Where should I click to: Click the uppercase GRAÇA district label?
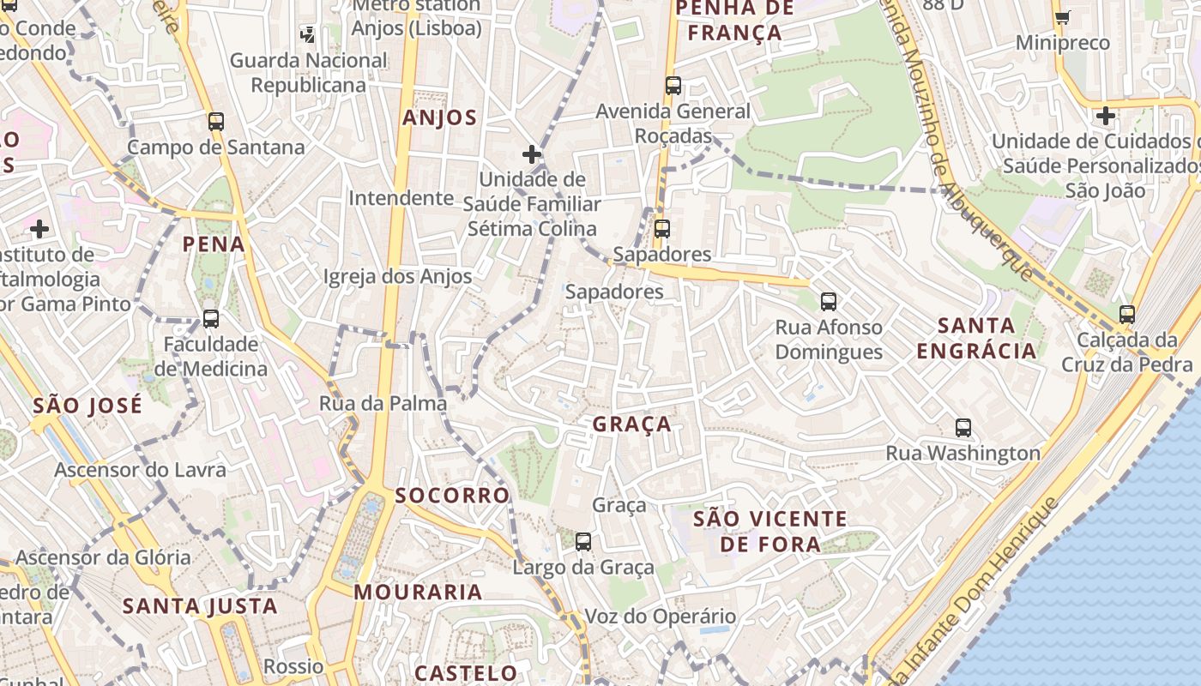click(x=631, y=424)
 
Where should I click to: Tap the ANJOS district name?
click(x=439, y=118)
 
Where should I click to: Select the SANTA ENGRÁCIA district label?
click(x=976, y=338)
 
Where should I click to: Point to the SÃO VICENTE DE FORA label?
click(x=769, y=531)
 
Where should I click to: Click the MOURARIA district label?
click(x=418, y=592)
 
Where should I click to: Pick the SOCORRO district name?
click(x=452, y=495)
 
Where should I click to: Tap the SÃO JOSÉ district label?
click(x=88, y=406)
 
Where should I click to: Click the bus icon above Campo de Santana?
click(x=215, y=122)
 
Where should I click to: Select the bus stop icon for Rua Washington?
click(x=963, y=427)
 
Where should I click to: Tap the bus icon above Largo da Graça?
click(x=583, y=541)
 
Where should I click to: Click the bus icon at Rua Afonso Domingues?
click(x=828, y=301)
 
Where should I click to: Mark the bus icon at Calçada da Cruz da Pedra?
click(x=1126, y=314)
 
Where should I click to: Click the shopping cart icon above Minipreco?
click(x=1062, y=16)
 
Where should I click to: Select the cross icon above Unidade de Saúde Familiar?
click(x=532, y=154)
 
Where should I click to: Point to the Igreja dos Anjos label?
click(x=397, y=276)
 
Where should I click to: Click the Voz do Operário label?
click(x=660, y=616)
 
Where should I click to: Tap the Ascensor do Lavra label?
click(x=140, y=470)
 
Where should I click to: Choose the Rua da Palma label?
click(x=383, y=403)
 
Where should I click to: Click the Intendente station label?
click(x=401, y=198)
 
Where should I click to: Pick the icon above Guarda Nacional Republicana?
click(x=307, y=35)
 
